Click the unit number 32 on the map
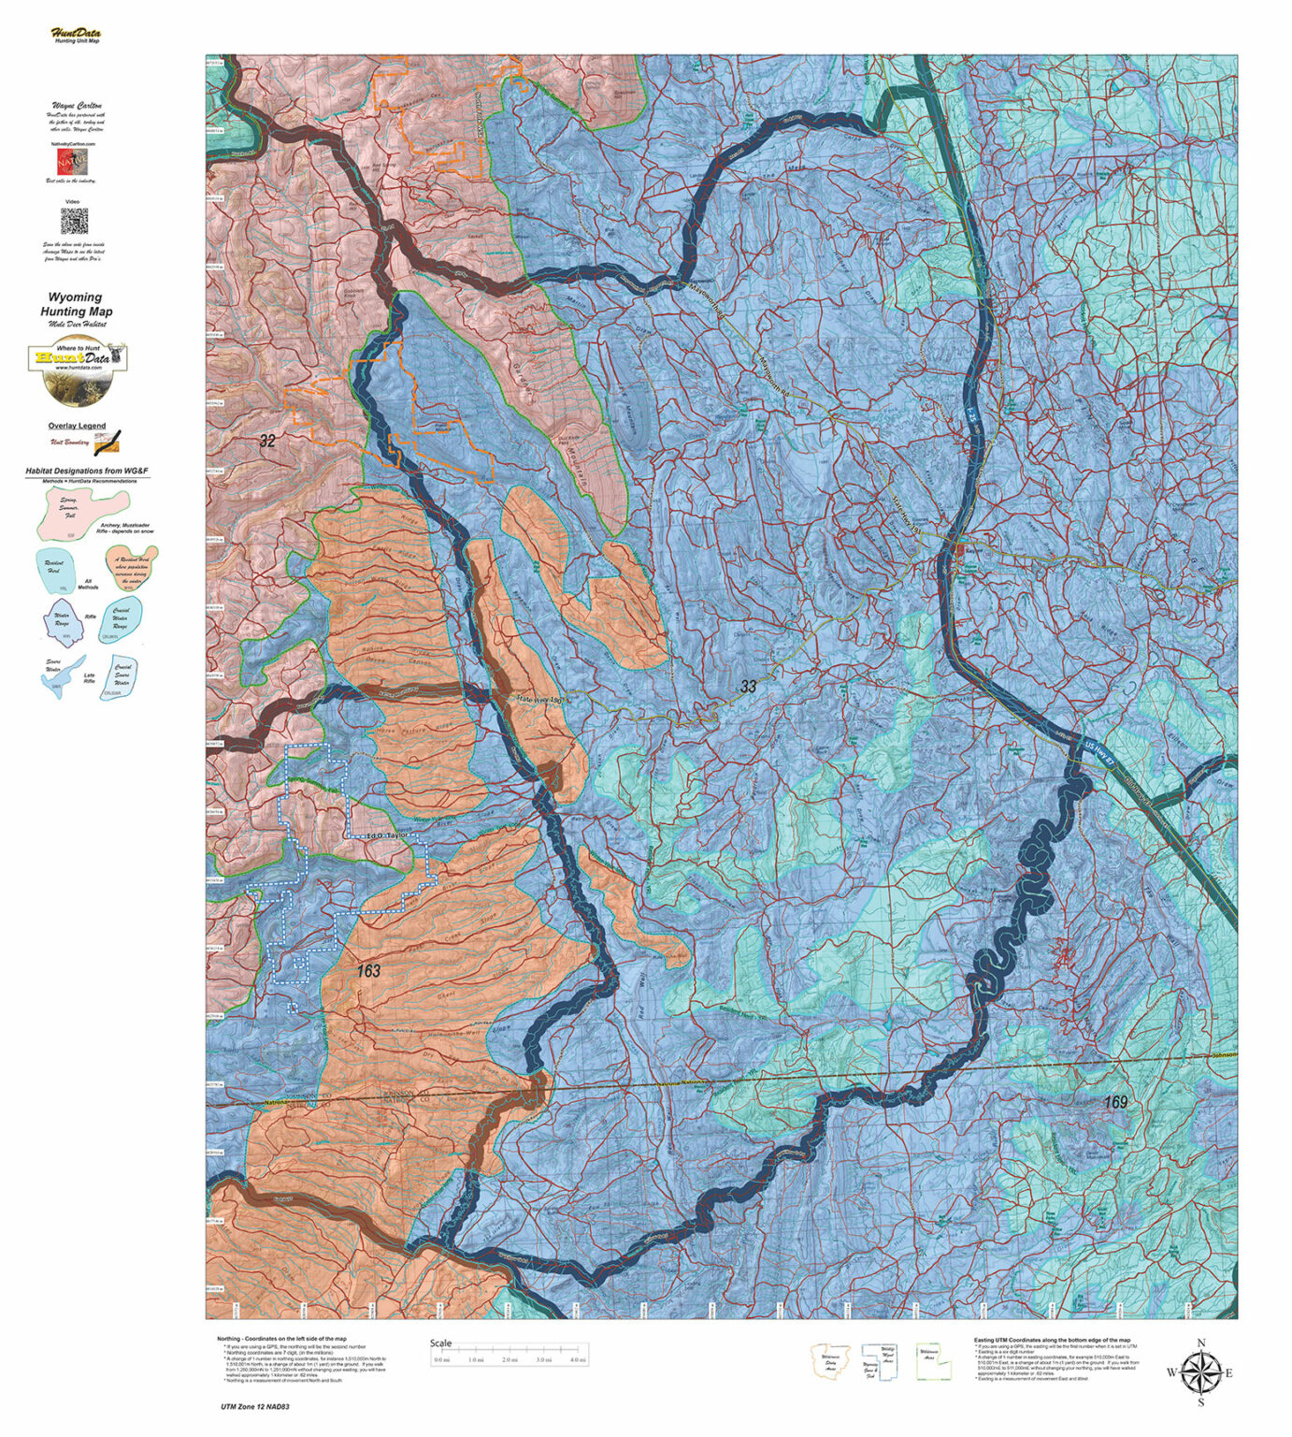coord(267,442)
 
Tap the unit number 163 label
coord(368,971)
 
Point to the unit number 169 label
coord(1114,1103)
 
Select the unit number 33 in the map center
coord(748,687)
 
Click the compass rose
coord(1200,1373)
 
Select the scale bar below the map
coord(510,1353)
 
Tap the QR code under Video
coord(74,222)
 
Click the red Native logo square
coord(74,163)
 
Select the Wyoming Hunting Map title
coord(76,305)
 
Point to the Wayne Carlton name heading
coord(77,107)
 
